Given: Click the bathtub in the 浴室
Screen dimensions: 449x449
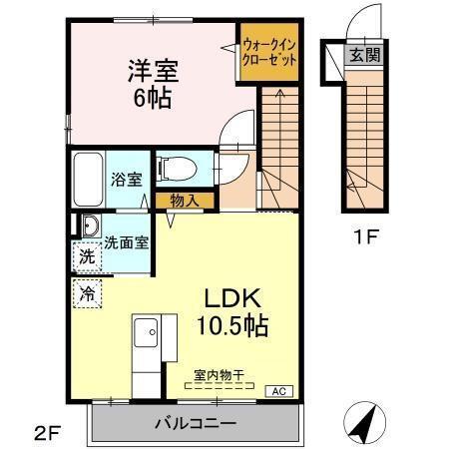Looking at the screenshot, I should [86, 180].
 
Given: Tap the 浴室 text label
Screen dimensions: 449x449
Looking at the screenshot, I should [127, 180].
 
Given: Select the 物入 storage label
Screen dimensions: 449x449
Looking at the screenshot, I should [185, 201].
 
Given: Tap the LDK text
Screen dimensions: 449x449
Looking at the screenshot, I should [233, 298].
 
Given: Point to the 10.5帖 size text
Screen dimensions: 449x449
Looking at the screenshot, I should [236, 326].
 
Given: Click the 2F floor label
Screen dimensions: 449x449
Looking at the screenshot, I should [48, 431].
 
